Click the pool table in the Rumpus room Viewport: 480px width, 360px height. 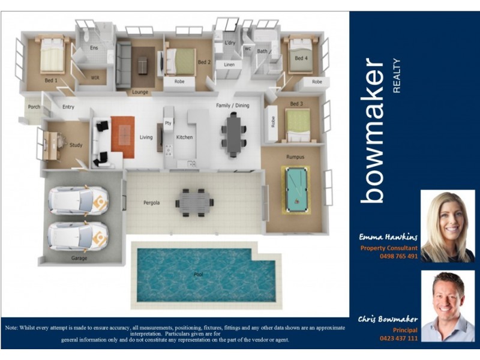pyautogui.click(x=295, y=189)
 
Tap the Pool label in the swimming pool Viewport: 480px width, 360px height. pyautogui.click(x=198, y=275)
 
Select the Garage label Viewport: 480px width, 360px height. pyautogui.click(x=79, y=259)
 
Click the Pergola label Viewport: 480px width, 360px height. pyautogui.click(x=151, y=203)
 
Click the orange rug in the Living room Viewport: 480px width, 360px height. pyautogui.click(x=123, y=136)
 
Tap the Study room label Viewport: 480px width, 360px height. pyautogui.click(x=76, y=145)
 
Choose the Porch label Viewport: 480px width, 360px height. pyautogui.click(x=34, y=107)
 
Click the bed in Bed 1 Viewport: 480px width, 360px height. pyautogui.click(x=52, y=58)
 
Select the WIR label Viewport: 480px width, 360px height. pyautogui.click(x=95, y=78)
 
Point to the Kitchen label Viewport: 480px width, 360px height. pyautogui.click(x=184, y=137)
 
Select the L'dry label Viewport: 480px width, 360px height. pyautogui.click(x=230, y=43)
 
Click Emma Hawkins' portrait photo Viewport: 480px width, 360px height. pyautogui.click(x=448, y=226)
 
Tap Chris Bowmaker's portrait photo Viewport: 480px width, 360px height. pyautogui.click(x=448, y=306)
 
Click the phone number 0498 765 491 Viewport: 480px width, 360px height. pyautogui.click(x=398, y=256)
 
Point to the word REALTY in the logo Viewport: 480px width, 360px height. pyautogui.click(x=396, y=75)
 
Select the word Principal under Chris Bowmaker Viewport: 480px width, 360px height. pyautogui.click(x=405, y=330)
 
